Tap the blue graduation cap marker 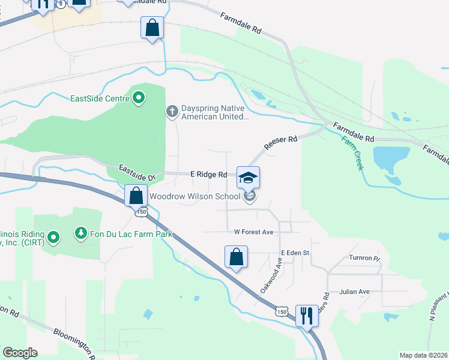point(248,177)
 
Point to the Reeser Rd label point(281,143)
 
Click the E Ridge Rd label point(208,175)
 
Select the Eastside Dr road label point(137,173)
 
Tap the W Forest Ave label point(253,232)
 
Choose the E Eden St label point(295,253)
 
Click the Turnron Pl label point(365,258)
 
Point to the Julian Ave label point(354,292)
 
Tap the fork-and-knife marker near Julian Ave point(306,315)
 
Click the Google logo point(20,353)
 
